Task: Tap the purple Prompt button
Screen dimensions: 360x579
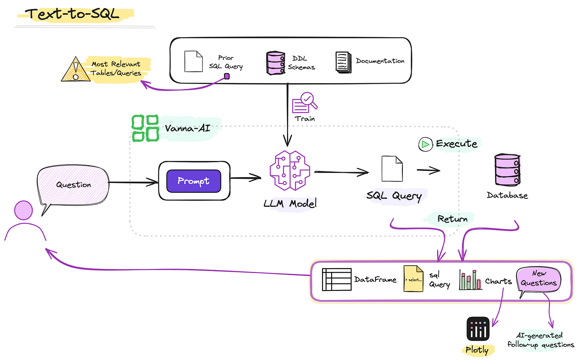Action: tap(194, 181)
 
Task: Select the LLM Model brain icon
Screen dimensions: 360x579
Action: tap(289, 170)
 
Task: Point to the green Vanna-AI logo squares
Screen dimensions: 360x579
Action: tap(145, 128)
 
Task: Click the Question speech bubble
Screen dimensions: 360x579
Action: tap(74, 185)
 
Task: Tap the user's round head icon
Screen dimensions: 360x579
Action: tap(24, 210)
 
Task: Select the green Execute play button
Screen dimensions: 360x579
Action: tap(425, 144)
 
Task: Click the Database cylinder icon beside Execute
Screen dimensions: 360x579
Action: tap(507, 170)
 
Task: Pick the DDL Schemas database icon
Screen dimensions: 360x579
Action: tap(275, 63)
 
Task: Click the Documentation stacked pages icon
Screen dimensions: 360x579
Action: tap(343, 62)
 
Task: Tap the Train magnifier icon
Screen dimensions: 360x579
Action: tap(305, 103)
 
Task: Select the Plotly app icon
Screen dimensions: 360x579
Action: tap(478, 329)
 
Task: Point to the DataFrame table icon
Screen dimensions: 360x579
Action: tap(336, 280)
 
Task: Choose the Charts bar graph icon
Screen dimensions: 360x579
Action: tap(470, 280)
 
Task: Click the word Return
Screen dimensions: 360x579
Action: tap(452, 219)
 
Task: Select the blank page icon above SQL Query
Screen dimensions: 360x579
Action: tap(392, 168)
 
